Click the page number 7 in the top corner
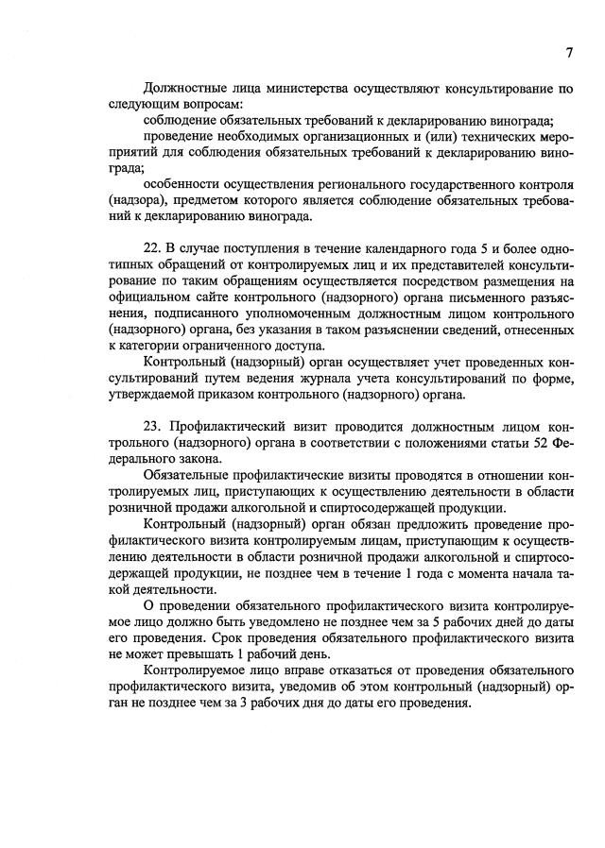[569, 53]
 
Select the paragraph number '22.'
[155, 248]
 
